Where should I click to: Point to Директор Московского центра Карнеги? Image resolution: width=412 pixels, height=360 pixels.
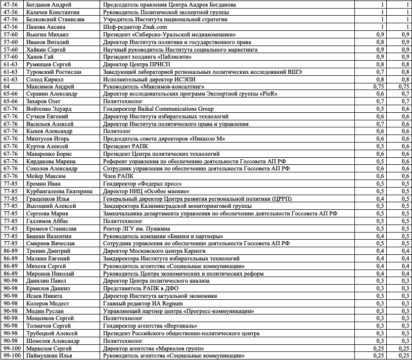[154, 251]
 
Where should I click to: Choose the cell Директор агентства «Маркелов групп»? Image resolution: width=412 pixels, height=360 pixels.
[154, 348]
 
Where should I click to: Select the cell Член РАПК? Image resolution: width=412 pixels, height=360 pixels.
[117, 176]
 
